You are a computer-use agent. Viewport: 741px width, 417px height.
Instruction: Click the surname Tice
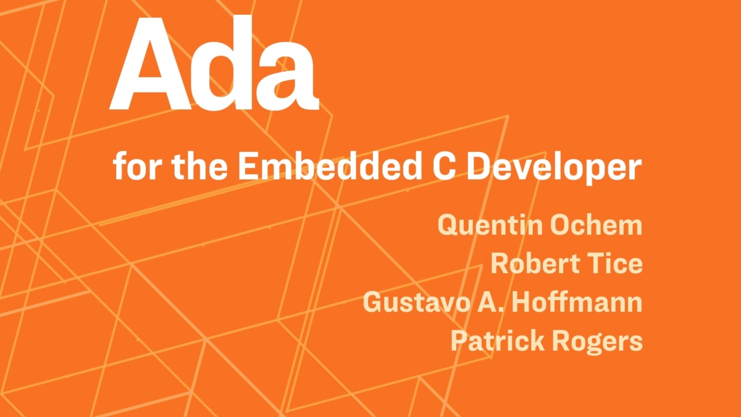pos(614,264)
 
